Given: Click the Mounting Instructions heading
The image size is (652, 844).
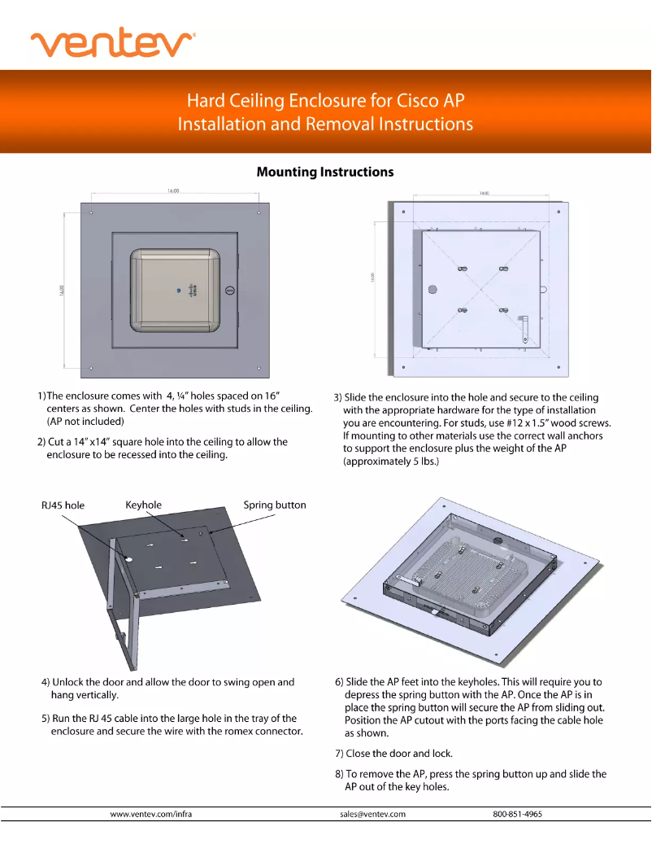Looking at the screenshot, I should pyautogui.click(x=325, y=172).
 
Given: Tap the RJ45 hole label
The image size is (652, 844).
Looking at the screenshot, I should pyautogui.click(x=63, y=505).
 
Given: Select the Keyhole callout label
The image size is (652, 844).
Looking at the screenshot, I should pyautogui.click(x=144, y=505).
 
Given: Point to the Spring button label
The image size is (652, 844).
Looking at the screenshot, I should pyautogui.click(x=275, y=505).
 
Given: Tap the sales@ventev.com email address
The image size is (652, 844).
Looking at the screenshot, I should pyautogui.click(x=372, y=814).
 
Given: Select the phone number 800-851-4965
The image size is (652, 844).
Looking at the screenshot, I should pyautogui.click(x=517, y=814).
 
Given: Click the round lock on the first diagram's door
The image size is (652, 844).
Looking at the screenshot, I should pyautogui.click(x=229, y=290).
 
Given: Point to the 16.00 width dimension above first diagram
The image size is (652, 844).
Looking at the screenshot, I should pyautogui.click(x=173, y=191).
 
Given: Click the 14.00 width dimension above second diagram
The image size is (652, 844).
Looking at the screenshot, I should pyautogui.click(x=485, y=194).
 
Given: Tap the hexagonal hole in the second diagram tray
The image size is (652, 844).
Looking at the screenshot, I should pyautogui.click(x=432, y=289).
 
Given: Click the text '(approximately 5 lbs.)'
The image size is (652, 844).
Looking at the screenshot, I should pyautogui.click(x=391, y=461).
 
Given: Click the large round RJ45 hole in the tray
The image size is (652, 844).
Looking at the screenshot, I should pyautogui.click(x=129, y=559).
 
